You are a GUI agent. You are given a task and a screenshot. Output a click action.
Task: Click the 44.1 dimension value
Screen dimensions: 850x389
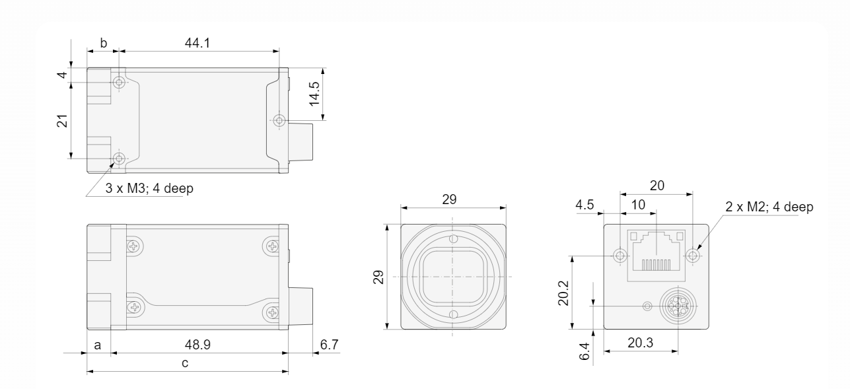197,43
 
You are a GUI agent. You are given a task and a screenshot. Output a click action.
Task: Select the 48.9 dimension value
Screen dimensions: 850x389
197,345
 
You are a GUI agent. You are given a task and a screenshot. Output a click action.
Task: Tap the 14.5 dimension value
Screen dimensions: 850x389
314,94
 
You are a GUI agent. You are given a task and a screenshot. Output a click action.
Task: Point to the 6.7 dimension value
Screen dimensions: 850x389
329,345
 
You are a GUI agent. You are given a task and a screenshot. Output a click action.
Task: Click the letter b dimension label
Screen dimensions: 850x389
103,44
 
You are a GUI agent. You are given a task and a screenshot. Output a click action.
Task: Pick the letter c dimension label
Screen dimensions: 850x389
185,363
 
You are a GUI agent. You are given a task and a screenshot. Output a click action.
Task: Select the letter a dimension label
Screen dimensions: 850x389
98,345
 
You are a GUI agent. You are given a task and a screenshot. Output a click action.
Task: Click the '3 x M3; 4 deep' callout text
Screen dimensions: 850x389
149,188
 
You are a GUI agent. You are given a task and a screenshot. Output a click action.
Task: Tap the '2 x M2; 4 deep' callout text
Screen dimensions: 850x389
769,207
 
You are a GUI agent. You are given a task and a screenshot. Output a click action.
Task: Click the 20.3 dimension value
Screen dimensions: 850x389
641,343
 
